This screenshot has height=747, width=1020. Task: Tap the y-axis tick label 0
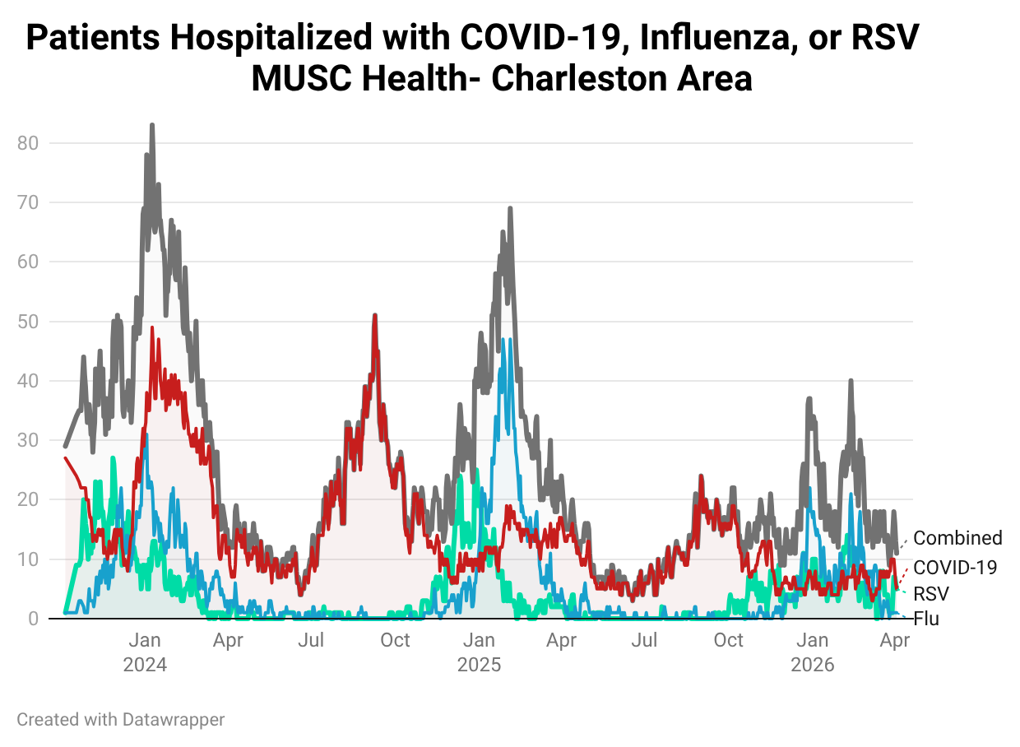[x=33, y=619]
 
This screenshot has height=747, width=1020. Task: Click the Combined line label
[x=957, y=538]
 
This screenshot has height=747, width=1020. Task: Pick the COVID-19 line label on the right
[x=955, y=567]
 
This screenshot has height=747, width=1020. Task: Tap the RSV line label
[x=931, y=594]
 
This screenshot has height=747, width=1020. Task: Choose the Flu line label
[x=926, y=619]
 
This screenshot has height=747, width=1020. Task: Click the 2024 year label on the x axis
[x=145, y=665]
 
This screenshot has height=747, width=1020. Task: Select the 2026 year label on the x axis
[x=812, y=665]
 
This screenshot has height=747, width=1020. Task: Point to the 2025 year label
[x=479, y=665]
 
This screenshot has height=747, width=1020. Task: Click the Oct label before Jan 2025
[x=395, y=641]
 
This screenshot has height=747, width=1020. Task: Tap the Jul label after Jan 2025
[x=646, y=641]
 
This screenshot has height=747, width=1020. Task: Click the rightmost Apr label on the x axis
[x=894, y=641]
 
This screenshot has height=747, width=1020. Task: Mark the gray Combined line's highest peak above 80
[x=151, y=126]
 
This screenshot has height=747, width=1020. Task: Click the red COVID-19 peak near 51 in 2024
[x=374, y=315]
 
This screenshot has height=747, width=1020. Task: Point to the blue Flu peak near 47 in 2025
[x=509, y=340]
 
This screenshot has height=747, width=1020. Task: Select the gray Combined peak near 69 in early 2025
[x=510, y=209]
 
